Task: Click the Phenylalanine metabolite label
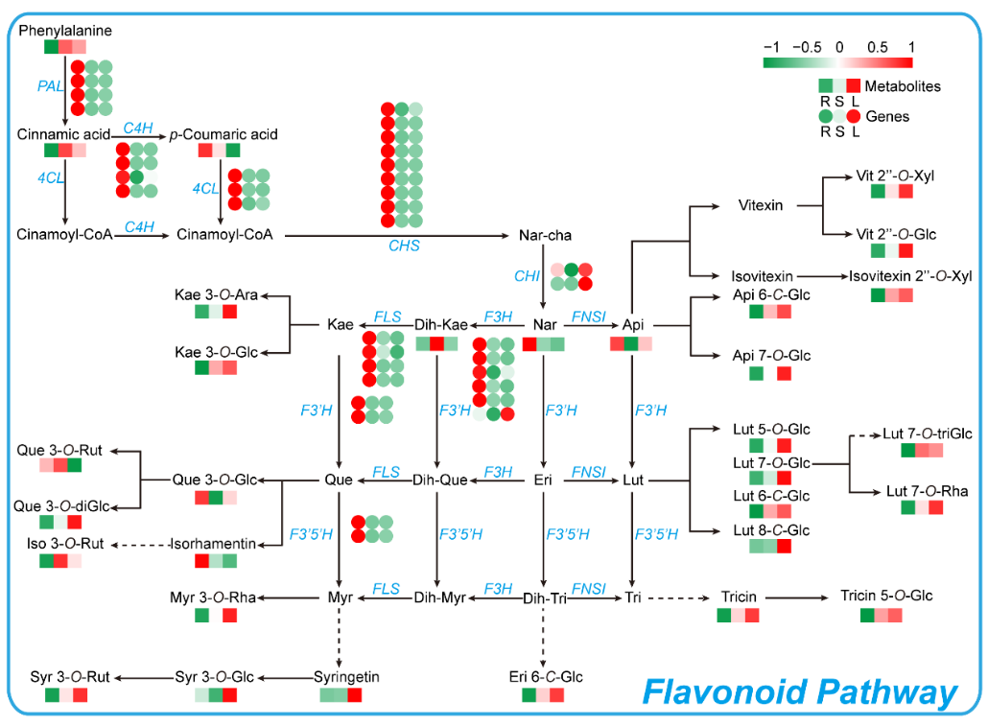pos(65,31)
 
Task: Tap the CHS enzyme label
pos(404,246)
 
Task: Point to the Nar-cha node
pos(544,234)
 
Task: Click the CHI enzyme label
pos(527,276)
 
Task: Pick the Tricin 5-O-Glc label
pos(886,596)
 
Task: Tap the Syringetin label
pos(347,677)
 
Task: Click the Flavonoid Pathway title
pos(799,692)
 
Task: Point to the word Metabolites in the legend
pos(903,86)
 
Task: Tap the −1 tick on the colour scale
pos(770,46)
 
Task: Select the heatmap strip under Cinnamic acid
pos(65,150)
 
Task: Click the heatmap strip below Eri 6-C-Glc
pos(543,694)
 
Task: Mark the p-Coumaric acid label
pos(223,134)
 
